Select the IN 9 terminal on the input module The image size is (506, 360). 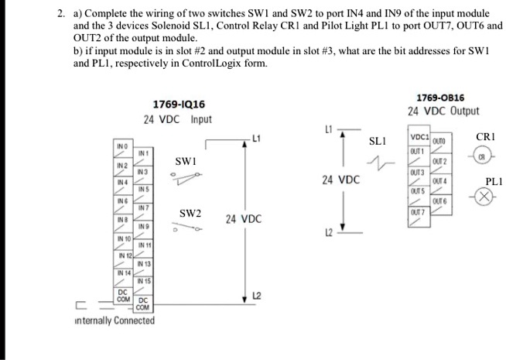[144, 225]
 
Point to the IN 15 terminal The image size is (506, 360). [144, 281]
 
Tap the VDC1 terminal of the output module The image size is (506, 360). [418, 137]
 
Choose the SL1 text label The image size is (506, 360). [377, 142]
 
